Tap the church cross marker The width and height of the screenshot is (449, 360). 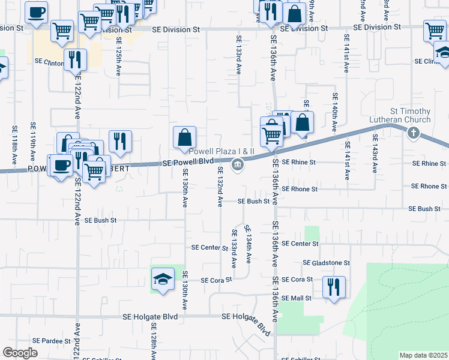pos(413,133)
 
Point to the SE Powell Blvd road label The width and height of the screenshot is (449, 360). pos(188,163)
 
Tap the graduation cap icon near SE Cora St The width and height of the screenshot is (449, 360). pos(163,279)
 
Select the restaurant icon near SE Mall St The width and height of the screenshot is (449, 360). pos(333,287)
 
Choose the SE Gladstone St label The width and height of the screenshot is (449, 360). pos(327,263)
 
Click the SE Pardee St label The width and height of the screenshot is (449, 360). pos(52,341)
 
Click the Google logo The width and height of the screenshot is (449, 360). pos(20,353)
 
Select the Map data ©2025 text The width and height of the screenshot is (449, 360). pos(423,355)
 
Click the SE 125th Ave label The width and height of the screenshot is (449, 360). pos(119,55)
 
